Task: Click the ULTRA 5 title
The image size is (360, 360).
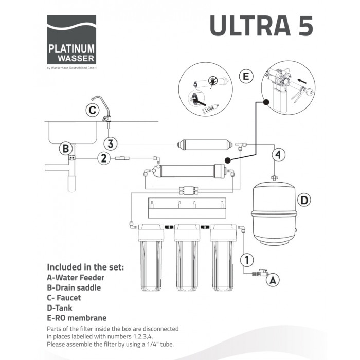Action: [261, 25]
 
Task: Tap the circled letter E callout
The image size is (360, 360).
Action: [246, 76]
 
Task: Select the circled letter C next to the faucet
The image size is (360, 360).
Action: [92, 110]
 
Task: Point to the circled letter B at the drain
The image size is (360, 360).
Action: [66, 148]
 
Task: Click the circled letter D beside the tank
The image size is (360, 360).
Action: [304, 200]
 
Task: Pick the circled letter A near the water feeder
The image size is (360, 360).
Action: [273, 280]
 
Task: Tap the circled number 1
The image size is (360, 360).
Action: [247, 260]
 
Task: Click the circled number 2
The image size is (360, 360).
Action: [104, 158]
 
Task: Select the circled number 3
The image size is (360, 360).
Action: [111, 143]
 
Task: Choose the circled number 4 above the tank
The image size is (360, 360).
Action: [279, 155]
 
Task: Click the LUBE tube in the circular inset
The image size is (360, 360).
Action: [210, 109]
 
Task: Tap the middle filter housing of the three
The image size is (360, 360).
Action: [187, 258]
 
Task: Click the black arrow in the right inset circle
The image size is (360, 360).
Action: [302, 81]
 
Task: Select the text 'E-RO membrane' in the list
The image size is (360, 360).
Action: [77, 318]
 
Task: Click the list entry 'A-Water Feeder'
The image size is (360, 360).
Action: [76, 278]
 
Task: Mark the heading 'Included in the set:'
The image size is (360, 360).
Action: [85, 267]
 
